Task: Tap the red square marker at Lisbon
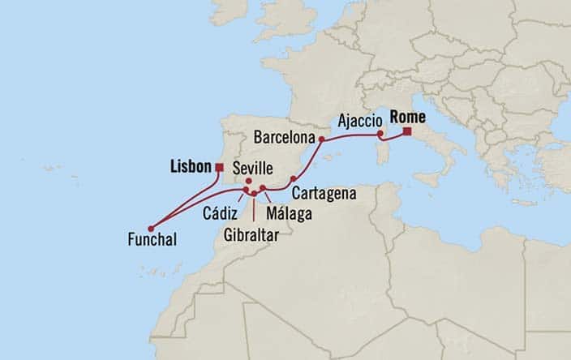pyautogui.click(x=219, y=167)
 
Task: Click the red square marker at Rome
pyautogui.click(x=406, y=131)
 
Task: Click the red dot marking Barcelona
pyautogui.click(x=322, y=139)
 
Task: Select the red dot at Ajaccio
pyautogui.click(x=380, y=135)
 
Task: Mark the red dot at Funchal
pyautogui.click(x=151, y=228)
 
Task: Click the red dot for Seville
pyautogui.click(x=248, y=181)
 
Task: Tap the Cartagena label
pyautogui.click(x=322, y=195)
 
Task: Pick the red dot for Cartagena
pyautogui.click(x=293, y=178)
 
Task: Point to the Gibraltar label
pyautogui.click(x=254, y=234)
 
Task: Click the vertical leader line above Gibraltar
pyautogui.click(x=254, y=209)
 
